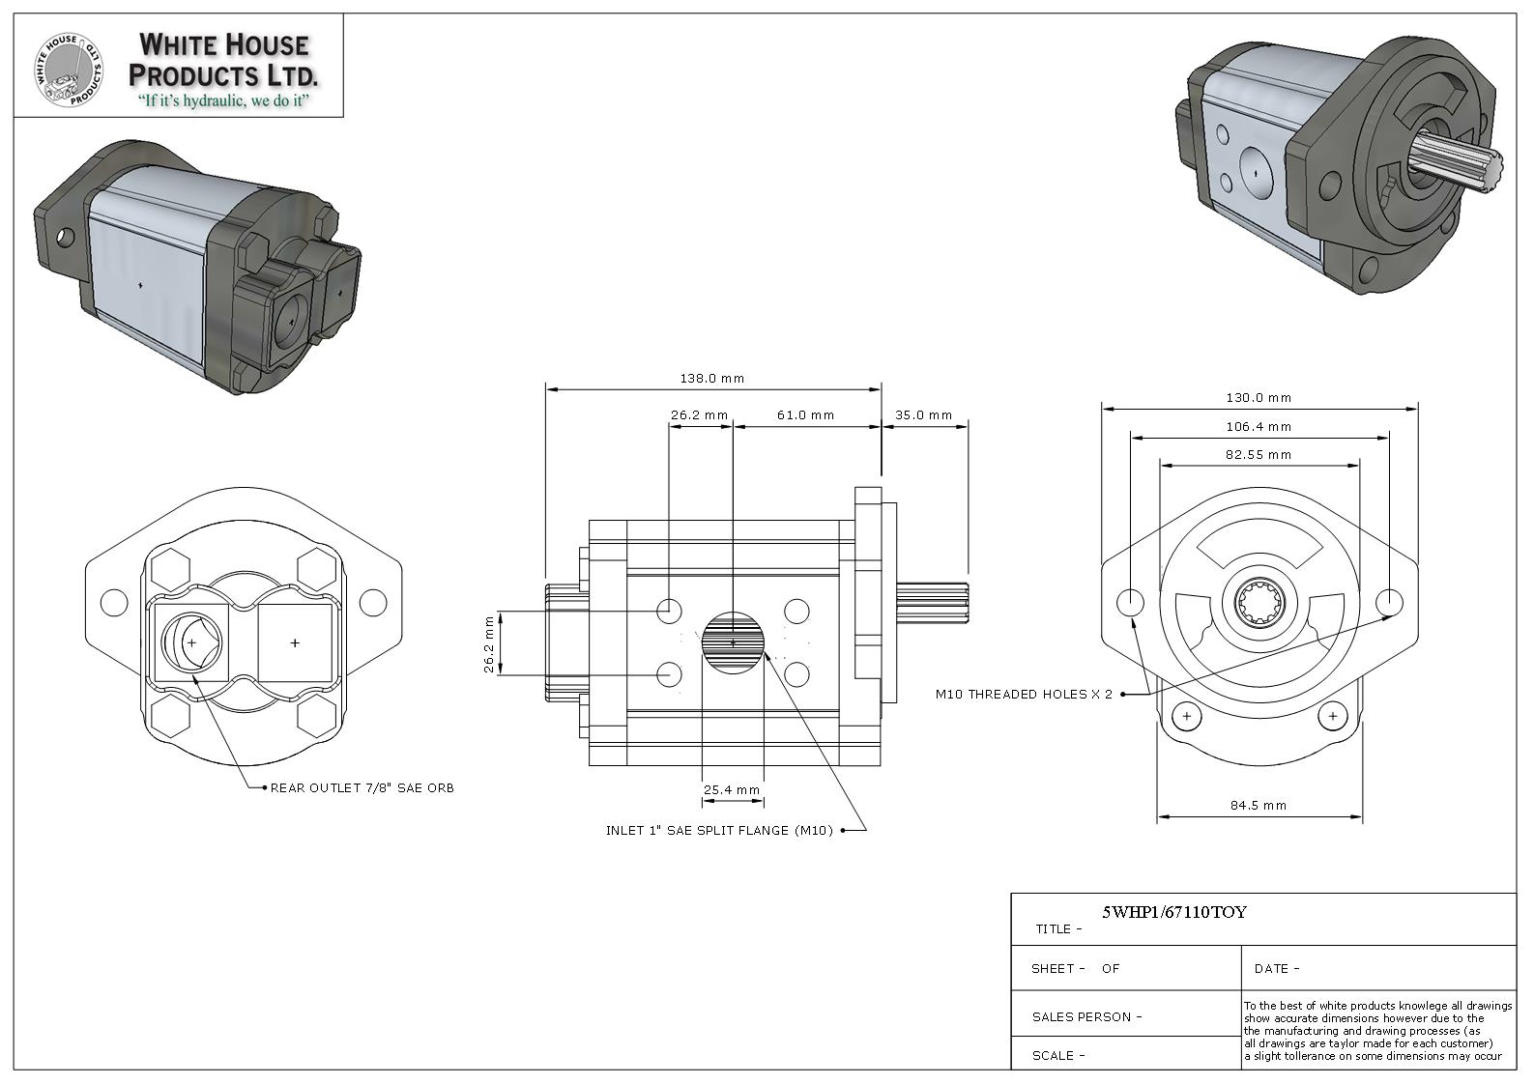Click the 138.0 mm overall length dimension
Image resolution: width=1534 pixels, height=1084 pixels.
point(711,379)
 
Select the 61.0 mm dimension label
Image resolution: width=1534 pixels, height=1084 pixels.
point(805,415)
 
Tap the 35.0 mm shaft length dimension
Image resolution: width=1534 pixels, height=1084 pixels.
point(923,415)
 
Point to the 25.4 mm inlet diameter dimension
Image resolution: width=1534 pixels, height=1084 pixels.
point(732,790)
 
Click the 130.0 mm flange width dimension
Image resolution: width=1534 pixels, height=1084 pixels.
point(1259,397)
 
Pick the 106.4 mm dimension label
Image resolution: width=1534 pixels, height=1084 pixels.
point(1259,426)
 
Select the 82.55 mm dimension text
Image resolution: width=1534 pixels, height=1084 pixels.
point(1259,454)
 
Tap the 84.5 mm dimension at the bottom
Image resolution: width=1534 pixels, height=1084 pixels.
point(1259,805)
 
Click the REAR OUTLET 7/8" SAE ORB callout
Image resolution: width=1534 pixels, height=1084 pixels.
point(362,788)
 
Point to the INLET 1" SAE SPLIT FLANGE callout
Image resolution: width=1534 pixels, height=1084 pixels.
point(719,831)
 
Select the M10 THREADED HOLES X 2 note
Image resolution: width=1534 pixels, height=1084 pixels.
point(1024,695)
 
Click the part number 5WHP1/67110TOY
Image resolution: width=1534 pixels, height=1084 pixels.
point(1174,912)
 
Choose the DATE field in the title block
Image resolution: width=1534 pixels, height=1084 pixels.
point(1277,968)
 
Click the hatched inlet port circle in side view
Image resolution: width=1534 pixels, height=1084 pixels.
point(733,642)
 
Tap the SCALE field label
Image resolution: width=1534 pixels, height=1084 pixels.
point(1058,1055)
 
